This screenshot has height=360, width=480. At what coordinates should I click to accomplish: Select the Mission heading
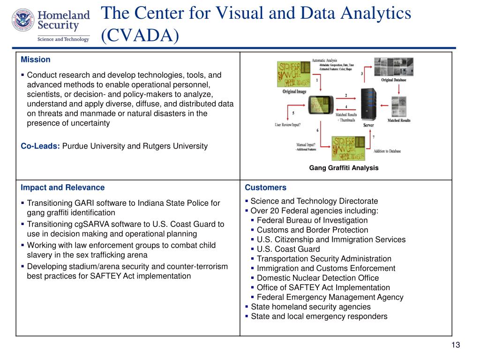tap(36, 60)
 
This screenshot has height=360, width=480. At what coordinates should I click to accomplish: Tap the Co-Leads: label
tap(40, 146)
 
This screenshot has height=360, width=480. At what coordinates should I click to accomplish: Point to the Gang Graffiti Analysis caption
tap(344, 167)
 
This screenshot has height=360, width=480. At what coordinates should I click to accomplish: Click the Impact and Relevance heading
tap(62, 187)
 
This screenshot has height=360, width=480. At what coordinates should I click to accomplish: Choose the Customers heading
tap(265, 187)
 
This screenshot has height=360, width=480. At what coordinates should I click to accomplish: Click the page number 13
tap(456, 345)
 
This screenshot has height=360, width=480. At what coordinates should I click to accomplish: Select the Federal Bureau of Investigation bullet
tap(312, 220)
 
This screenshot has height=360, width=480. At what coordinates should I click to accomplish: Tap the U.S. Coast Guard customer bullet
tap(288, 249)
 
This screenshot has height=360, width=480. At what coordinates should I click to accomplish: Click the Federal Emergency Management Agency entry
tap(330, 297)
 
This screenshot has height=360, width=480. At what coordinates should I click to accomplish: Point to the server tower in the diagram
tap(369, 105)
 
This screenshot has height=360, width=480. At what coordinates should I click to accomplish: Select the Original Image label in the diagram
tap(294, 91)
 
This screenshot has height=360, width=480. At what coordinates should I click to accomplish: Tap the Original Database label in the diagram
tap(393, 80)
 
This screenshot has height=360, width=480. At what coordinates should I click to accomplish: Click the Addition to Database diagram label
tap(387, 151)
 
